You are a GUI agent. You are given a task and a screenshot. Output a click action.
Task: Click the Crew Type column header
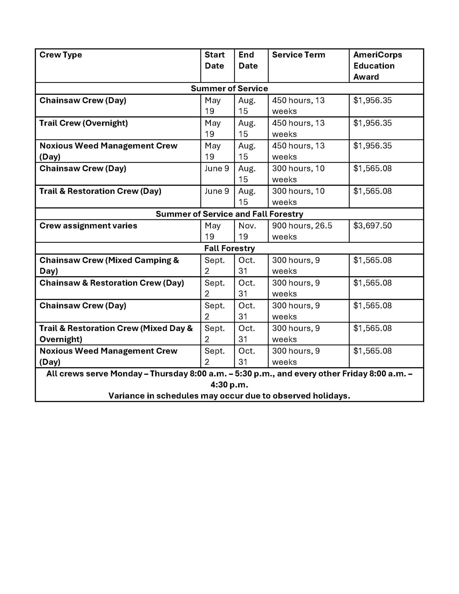[61, 55]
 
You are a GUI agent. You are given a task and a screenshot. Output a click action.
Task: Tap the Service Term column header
[298, 55]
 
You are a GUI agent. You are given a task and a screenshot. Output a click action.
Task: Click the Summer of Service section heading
[229, 89]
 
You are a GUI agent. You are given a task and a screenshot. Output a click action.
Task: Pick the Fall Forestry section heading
[229, 248]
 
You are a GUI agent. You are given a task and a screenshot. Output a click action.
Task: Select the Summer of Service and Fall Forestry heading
[229, 214]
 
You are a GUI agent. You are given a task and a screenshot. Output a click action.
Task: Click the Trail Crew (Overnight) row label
[84, 123]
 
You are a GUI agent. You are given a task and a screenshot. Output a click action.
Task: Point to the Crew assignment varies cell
[88, 226]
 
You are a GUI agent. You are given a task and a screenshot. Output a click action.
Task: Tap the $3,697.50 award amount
[372, 226]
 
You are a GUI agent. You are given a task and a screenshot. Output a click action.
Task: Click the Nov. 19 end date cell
[247, 231]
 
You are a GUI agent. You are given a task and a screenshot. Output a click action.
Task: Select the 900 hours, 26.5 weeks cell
[302, 231]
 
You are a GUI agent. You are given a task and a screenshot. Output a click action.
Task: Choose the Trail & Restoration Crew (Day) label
[100, 191]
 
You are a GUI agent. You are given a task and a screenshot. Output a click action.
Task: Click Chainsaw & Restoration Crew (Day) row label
[112, 283]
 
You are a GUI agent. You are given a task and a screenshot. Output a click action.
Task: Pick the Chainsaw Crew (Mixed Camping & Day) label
[109, 265]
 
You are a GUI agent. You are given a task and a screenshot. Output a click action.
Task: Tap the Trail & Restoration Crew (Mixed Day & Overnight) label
[116, 334]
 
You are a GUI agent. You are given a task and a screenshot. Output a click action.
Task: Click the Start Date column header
[214, 60]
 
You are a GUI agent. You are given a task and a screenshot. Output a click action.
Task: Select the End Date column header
[248, 60]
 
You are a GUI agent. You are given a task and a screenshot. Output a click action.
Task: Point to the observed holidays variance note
[229, 396]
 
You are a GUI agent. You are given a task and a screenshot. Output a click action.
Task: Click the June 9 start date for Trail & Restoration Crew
[217, 191]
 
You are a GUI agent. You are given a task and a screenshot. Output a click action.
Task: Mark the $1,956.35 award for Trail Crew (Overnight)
[372, 123]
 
